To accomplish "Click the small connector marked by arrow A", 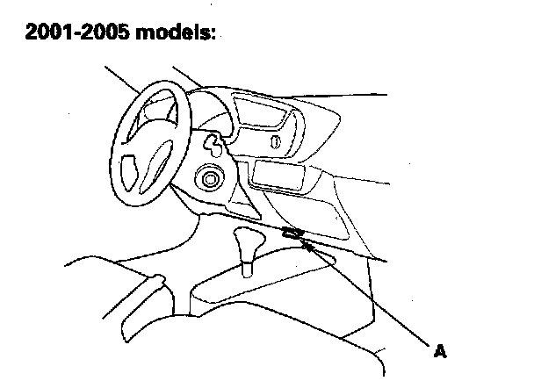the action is click(292, 234).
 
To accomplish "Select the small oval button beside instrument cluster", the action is click(276, 141).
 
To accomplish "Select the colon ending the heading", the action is click(212, 36).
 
